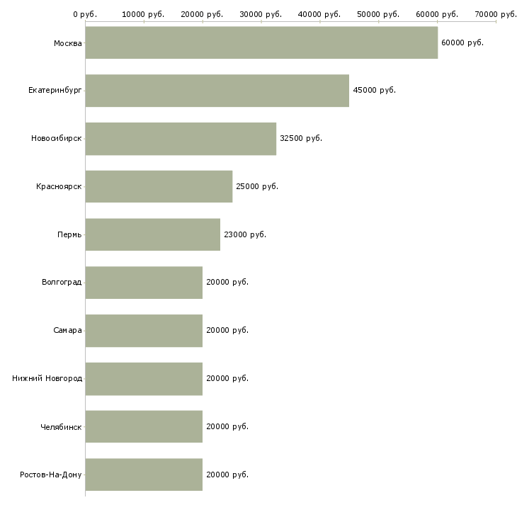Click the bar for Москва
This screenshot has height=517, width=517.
pos(261,43)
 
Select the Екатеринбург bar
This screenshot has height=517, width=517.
pos(217,91)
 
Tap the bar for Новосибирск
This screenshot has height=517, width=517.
pos(181,139)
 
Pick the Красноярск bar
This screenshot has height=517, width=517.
pos(159,186)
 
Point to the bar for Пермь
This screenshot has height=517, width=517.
pos(153,234)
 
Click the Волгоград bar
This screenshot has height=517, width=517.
pos(144,283)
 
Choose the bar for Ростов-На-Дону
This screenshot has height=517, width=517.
pos(144,475)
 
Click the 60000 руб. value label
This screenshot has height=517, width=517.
pos(462,43)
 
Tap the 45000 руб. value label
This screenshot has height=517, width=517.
pos(374,91)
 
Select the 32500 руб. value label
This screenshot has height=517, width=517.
pos(301,139)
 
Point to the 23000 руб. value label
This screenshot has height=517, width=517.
pos(245,234)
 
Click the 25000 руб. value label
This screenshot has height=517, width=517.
pos(257,186)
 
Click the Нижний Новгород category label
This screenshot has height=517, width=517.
pos(47,378)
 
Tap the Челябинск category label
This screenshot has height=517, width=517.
pos(61,426)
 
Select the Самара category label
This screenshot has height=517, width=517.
pos(67,330)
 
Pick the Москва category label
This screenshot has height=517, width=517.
pos(67,43)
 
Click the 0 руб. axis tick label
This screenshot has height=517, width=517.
pos(85,14)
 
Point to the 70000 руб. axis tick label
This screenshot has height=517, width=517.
pos(496,14)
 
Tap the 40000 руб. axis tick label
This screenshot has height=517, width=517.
pos(320,14)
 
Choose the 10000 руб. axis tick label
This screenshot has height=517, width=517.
pos(144,14)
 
